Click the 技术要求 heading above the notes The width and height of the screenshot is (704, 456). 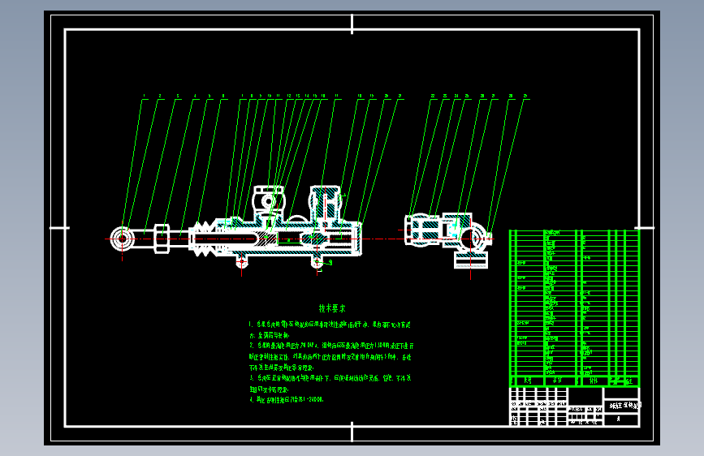(x=331, y=308)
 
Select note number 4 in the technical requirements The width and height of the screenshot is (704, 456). (x=292, y=400)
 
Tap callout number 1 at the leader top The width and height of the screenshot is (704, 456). (x=145, y=97)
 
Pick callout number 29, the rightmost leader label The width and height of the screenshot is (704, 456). (x=526, y=97)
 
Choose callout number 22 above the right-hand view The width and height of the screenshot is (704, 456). (x=433, y=97)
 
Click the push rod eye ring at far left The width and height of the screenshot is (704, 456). (x=121, y=239)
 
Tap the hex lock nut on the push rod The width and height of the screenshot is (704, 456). (x=161, y=239)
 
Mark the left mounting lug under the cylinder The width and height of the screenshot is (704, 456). (x=240, y=261)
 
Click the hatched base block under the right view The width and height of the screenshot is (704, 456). (x=471, y=260)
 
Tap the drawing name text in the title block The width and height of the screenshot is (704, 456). (x=624, y=404)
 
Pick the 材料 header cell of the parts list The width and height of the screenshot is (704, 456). (x=593, y=380)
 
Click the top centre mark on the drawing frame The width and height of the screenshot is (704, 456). (x=352, y=24)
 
